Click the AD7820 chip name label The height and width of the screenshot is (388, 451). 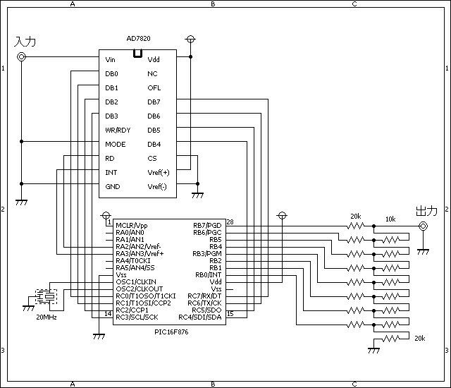pyautogui.click(x=138, y=38)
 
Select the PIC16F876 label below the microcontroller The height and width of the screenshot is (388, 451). pyautogui.click(x=171, y=332)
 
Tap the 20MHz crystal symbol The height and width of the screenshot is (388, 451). pyautogui.click(x=46, y=296)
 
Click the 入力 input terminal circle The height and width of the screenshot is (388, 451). pyautogui.click(x=22, y=56)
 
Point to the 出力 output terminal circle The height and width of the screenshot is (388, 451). pyautogui.click(x=423, y=226)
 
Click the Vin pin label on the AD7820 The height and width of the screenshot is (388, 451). pyautogui.click(x=110, y=59)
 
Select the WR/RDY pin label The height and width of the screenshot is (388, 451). pyautogui.click(x=118, y=130)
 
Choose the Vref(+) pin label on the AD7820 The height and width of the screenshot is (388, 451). pyautogui.click(x=159, y=172)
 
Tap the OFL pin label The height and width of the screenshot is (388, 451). pyautogui.click(x=154, y=87)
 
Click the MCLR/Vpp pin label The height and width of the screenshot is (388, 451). pyautogui.click(x=132, y=225)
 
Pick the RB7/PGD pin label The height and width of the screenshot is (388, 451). pyautogui.click(x=207, y=225)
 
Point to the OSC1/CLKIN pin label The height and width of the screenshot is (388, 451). pyautogui.click(x=136, y=281)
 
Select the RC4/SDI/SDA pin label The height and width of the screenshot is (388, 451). pyautogui.click(x=200, y=317)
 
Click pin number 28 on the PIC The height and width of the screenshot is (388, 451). pyautogui.click(x=230, y=222)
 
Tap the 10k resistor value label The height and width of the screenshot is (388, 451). pyautogui.click(x=390, y=219)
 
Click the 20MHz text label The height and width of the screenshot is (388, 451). pyautogui.click(x=47, y=317)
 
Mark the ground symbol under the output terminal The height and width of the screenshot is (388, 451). pyautogui.click(x=423, y=252)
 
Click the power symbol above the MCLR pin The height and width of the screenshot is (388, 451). pyautogui.click(x=106, y=215)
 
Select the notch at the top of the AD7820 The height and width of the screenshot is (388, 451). pyautogui.click(x=138, y=54)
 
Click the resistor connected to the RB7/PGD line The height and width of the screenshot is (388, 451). pyautogui.click(x=356, y=226)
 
